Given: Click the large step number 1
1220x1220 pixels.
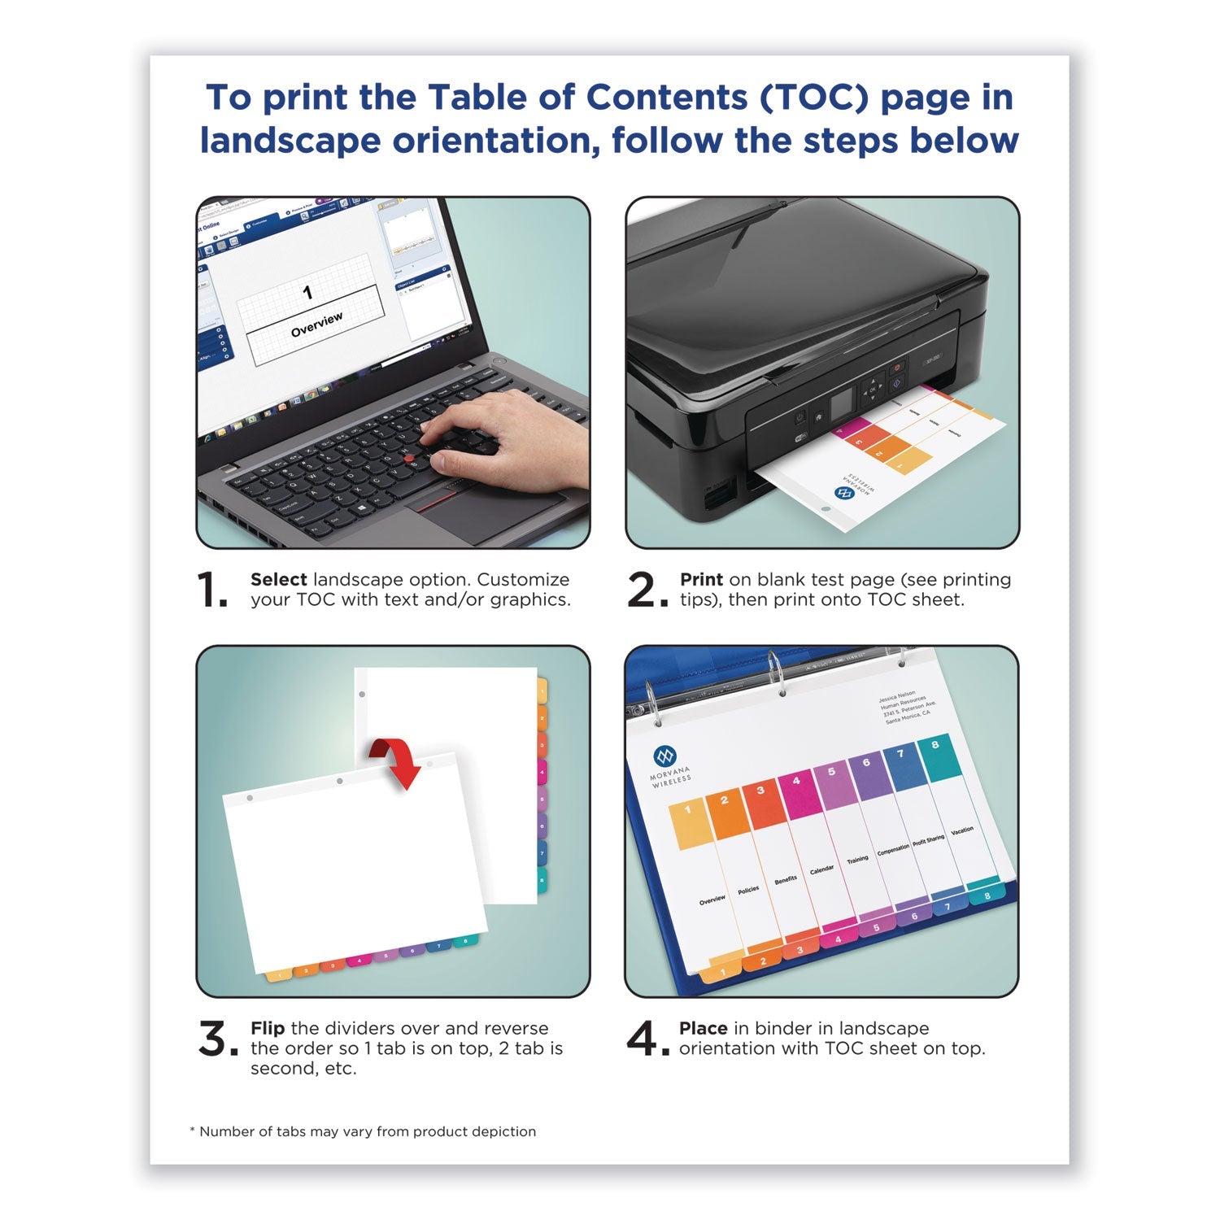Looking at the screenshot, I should [212, 590].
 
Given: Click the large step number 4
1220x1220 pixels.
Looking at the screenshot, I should [643, 1039].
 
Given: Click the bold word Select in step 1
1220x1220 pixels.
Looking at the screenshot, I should [278, 580].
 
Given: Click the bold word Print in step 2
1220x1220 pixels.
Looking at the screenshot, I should [701, 580].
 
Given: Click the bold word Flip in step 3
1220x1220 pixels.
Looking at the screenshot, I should [268, 1029].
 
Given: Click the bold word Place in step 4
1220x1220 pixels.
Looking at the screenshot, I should [703, 1029].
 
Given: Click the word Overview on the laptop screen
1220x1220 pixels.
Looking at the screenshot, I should [317, 324].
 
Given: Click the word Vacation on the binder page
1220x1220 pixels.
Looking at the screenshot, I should [962, 830].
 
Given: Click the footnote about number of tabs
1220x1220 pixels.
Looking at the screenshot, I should [363, 1131].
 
